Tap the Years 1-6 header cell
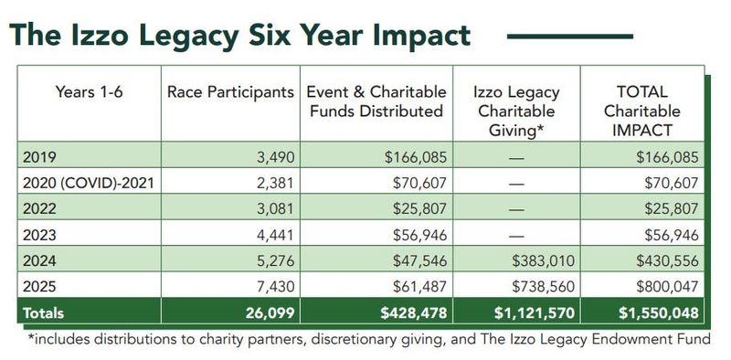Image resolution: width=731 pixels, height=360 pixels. click(89, 92)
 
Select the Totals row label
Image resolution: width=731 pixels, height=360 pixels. click(43, 312)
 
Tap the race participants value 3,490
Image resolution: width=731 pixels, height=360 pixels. click(270, 157)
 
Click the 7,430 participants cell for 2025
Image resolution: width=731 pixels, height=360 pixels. click(270, 286)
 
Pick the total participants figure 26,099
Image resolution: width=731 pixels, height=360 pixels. click(265, 312)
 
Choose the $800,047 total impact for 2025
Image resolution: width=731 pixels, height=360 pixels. click(666, 286)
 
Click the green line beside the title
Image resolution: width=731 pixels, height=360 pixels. click(570, 36)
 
